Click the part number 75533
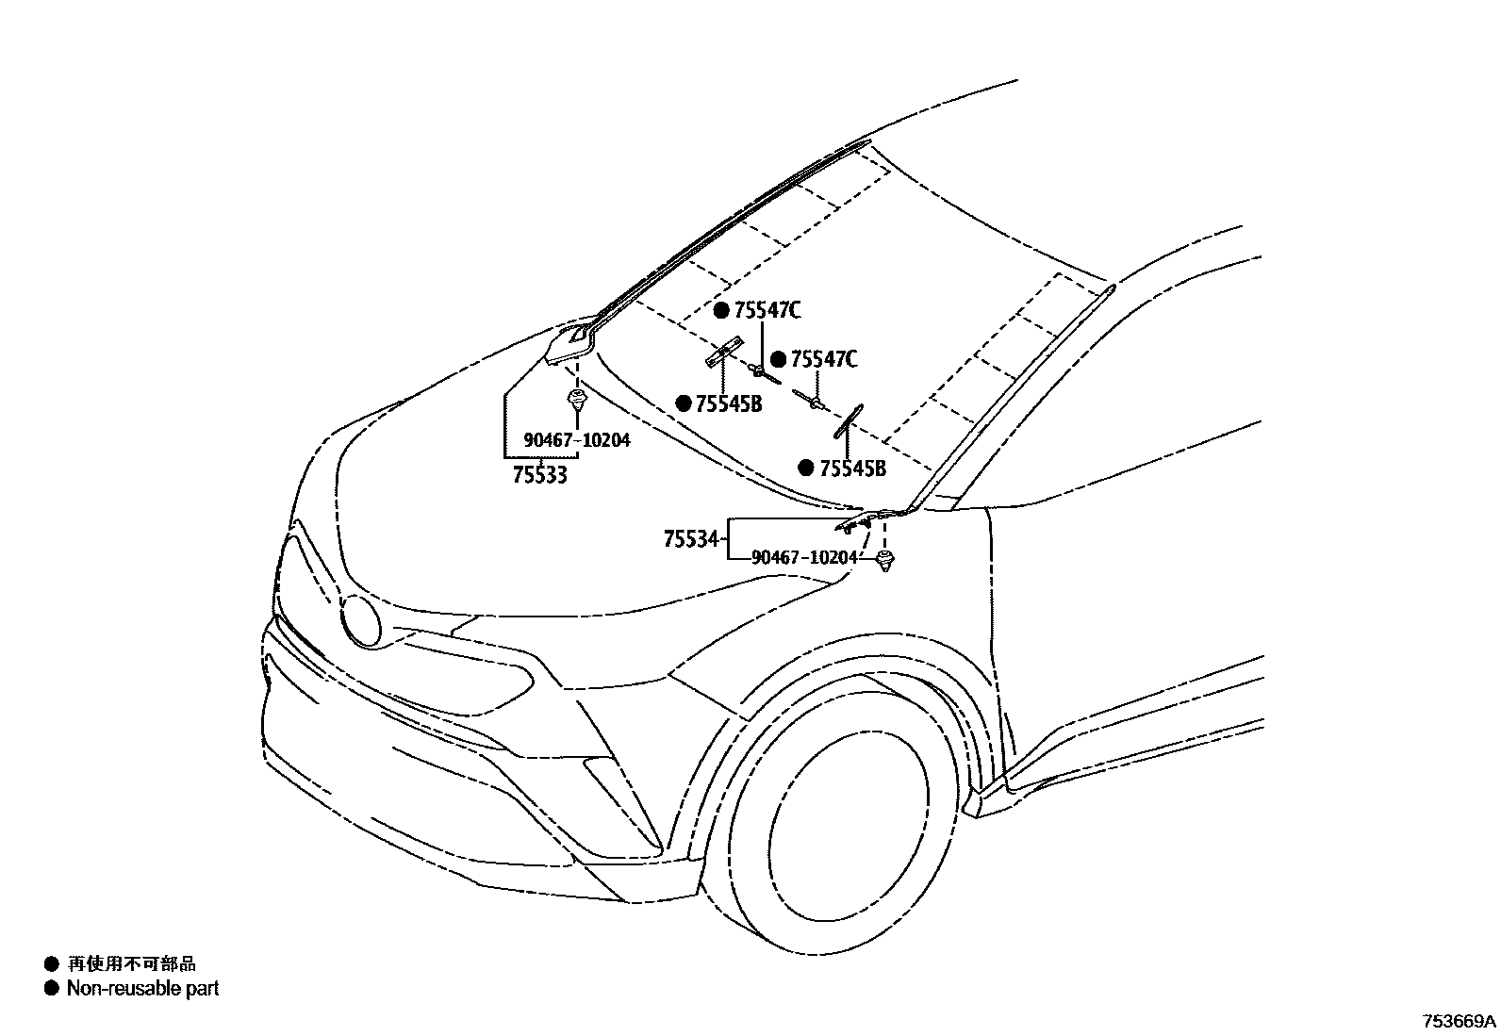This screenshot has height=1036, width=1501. [x=539, y=475]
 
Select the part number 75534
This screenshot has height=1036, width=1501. [x=691, y=540]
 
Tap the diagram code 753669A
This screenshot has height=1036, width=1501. [x=1459, y=1022]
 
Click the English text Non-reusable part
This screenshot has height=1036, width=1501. [x=142, y=989]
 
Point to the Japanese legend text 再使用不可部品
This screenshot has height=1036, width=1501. [x=131, y=963]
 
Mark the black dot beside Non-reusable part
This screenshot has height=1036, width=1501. [x=51, y=989]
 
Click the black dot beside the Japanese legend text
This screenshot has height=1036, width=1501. [x=51, y=963]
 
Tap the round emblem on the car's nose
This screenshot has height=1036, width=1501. [x=361, y=620]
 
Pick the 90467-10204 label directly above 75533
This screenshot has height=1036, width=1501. [x=577, y=440]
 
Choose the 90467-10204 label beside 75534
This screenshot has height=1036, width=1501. [x=804, y=557]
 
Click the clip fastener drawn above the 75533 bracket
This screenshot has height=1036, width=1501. [x=576, y=400]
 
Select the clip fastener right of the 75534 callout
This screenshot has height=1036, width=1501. [x=884, y=563]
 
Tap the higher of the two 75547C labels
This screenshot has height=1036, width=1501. [x=767, y=311]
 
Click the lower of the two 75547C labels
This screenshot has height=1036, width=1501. [x=824, y=359]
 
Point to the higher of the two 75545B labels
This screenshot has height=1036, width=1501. [x=729, y=403]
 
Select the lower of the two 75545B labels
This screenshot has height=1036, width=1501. [x=852, y=469]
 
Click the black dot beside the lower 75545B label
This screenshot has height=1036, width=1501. [x=806, y=469]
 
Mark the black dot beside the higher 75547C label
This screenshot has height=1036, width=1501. [x=721, y=311]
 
